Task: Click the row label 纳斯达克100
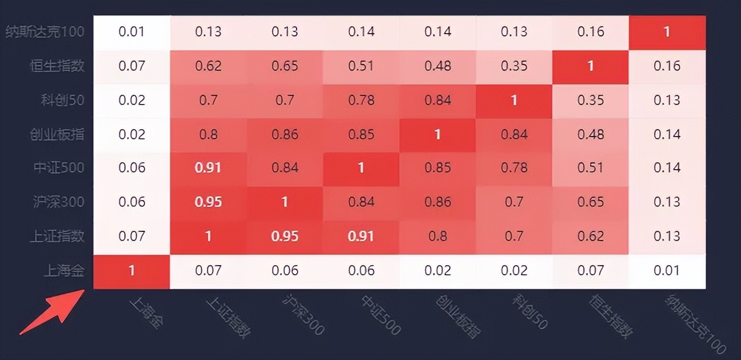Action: (x=45, y=31)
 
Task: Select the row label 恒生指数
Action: (x=57, y=66)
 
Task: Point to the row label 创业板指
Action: (x=57, y=134)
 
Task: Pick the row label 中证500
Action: (x=58, y=167)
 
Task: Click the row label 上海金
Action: (x=64, y=270)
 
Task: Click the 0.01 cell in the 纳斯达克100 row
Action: (x=132, y=31)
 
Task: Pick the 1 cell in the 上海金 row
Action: (x=132, y=270)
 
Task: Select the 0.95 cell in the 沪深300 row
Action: (x=208, y=202)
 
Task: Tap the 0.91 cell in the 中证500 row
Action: (x=208, y=167)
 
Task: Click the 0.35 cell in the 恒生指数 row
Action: (x=514, y=66)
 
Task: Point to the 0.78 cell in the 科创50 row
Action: (x=361, y=100)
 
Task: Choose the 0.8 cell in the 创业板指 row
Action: (x=208, y=134)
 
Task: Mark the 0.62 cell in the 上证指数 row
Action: (x=591, y=236)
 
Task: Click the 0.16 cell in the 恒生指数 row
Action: (x=667, y=66)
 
